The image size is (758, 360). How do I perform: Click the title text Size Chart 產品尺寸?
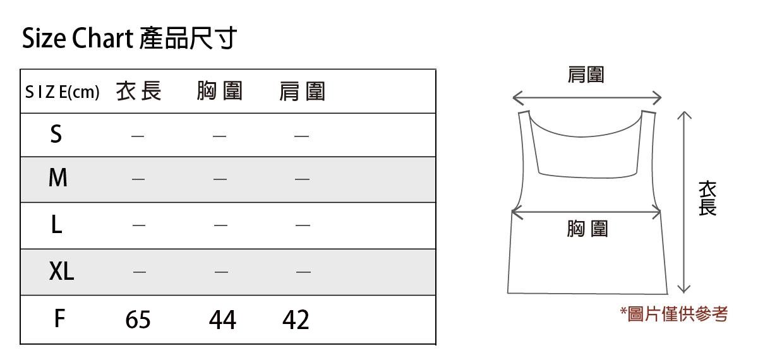[129, 39]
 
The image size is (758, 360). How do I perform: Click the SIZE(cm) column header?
[62, 93]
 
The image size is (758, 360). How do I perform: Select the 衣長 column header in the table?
[139, 92]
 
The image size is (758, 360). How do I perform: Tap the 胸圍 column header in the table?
[220, 92]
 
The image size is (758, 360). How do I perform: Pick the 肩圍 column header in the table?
[302, 92]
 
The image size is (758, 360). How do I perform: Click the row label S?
[56, 135]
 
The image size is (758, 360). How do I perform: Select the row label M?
[57, 179]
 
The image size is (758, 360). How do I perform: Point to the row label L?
[56, 225]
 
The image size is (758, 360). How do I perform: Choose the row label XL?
[61, 272]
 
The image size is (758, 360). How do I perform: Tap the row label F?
[59, 319]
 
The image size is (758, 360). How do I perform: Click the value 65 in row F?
[138, 320]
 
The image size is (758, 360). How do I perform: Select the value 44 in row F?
[222, 320]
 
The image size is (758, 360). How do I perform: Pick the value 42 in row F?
[296, 320]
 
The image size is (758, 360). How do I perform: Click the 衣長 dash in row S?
[138, 135]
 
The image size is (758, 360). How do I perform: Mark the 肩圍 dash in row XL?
[303, 272]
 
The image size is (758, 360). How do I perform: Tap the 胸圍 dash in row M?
[220, 179]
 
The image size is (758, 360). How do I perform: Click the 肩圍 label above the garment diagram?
[586, 75]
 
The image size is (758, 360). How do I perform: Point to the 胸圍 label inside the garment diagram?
[587, 228]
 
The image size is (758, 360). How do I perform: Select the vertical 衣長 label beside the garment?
[707, 198]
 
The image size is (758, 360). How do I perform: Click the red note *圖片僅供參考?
[674, 313]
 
